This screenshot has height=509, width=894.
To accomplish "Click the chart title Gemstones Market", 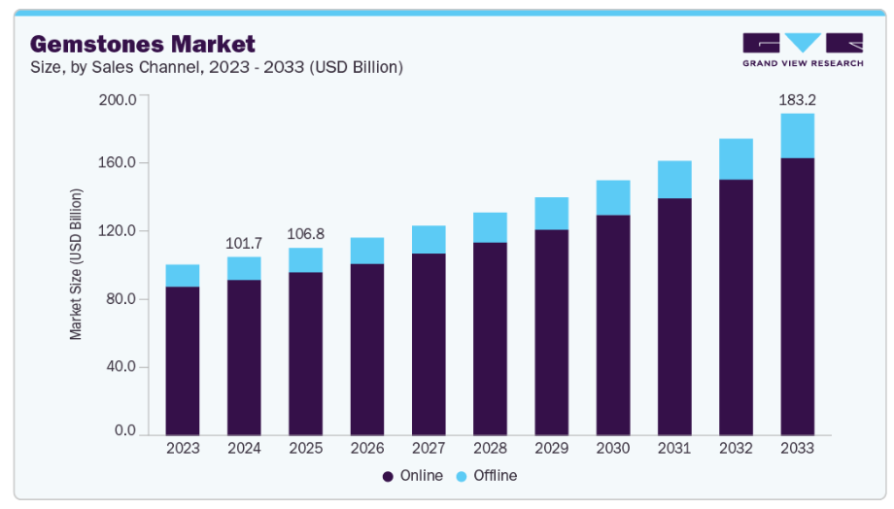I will [143, 44].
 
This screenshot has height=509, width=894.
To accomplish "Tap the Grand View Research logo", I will [803, 50].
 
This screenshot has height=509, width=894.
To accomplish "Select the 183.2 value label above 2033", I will [798, 99].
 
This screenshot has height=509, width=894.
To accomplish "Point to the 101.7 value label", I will [244, 242].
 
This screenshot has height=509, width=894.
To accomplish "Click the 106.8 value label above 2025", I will [305, 234].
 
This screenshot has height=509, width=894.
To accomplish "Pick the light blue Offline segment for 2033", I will [798, 136].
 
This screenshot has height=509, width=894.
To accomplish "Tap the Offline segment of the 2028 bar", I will [490, 227].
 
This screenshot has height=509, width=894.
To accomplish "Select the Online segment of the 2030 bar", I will [613, 325].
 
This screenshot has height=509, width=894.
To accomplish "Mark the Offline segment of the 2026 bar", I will [367, 251].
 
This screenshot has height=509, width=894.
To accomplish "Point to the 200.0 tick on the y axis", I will [119, 99].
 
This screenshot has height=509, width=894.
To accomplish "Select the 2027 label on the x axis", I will [429, 449].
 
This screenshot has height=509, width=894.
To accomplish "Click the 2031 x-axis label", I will [674, 449].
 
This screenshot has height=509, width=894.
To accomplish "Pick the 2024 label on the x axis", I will [244, 449].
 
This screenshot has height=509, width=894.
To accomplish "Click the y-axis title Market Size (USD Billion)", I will [76, 263].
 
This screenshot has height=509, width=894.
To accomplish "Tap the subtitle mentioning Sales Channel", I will [216, 68].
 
